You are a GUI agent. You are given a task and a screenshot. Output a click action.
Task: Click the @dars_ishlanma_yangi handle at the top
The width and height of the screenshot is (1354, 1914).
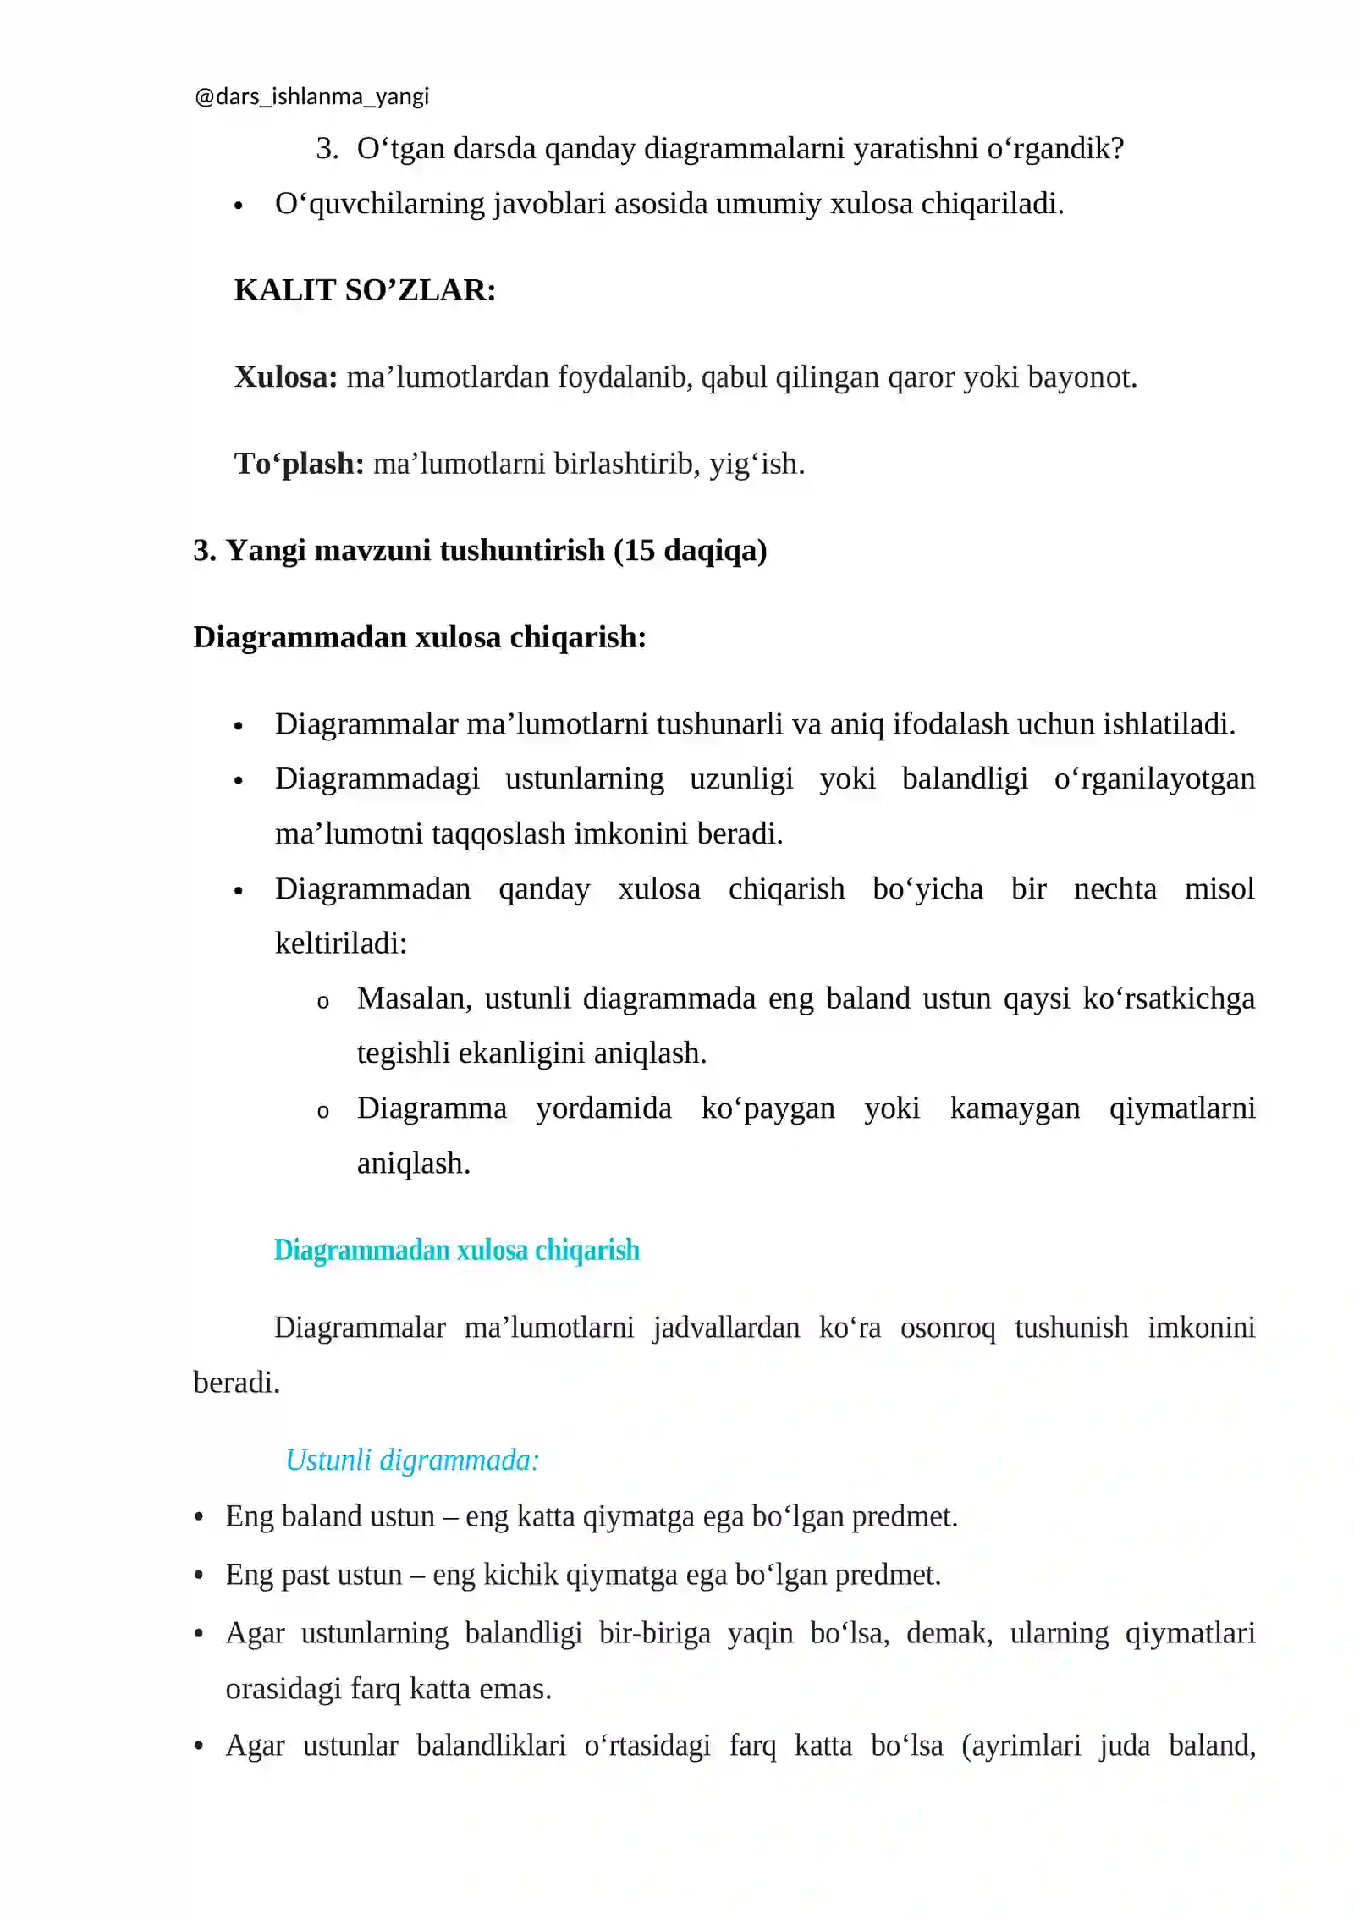(311, 97)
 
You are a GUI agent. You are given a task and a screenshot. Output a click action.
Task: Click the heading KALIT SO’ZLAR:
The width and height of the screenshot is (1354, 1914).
(365, 290)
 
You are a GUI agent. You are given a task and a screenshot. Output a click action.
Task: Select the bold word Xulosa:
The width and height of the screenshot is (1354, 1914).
(286, 377)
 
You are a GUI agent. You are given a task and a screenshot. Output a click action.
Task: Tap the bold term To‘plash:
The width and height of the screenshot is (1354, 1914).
(299, 464)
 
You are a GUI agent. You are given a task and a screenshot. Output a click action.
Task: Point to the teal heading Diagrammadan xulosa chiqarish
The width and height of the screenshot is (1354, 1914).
(456, 1251)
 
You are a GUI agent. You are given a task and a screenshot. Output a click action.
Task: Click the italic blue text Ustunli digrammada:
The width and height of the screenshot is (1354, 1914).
(412, 1460)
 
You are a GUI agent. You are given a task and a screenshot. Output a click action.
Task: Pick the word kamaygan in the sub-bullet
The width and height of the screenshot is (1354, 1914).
(1015, 1108)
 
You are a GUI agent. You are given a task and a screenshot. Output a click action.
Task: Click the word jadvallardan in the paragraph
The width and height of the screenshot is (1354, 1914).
(726, 1328)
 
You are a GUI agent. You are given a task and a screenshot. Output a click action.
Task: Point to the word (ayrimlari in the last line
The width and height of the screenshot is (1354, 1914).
(1021, 1746)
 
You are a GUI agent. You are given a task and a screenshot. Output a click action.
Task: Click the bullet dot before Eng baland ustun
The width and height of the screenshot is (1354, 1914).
(199, 1517)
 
